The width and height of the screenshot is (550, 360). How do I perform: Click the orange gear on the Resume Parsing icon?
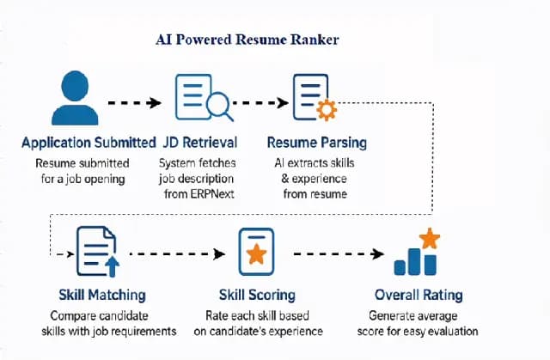coord(327,111)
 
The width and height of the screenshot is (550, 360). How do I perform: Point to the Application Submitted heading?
coord(89,143)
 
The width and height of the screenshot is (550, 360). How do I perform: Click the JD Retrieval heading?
coord(199,143)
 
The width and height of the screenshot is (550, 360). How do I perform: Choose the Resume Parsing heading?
coord(316,143)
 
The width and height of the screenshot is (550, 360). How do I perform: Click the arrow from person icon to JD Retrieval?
coord(134,102)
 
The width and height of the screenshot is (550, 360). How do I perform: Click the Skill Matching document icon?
coord(95,252)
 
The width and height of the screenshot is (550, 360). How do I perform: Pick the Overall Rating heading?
coord(419,296)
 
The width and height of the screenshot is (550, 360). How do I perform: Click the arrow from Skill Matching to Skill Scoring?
coord(176,254)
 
